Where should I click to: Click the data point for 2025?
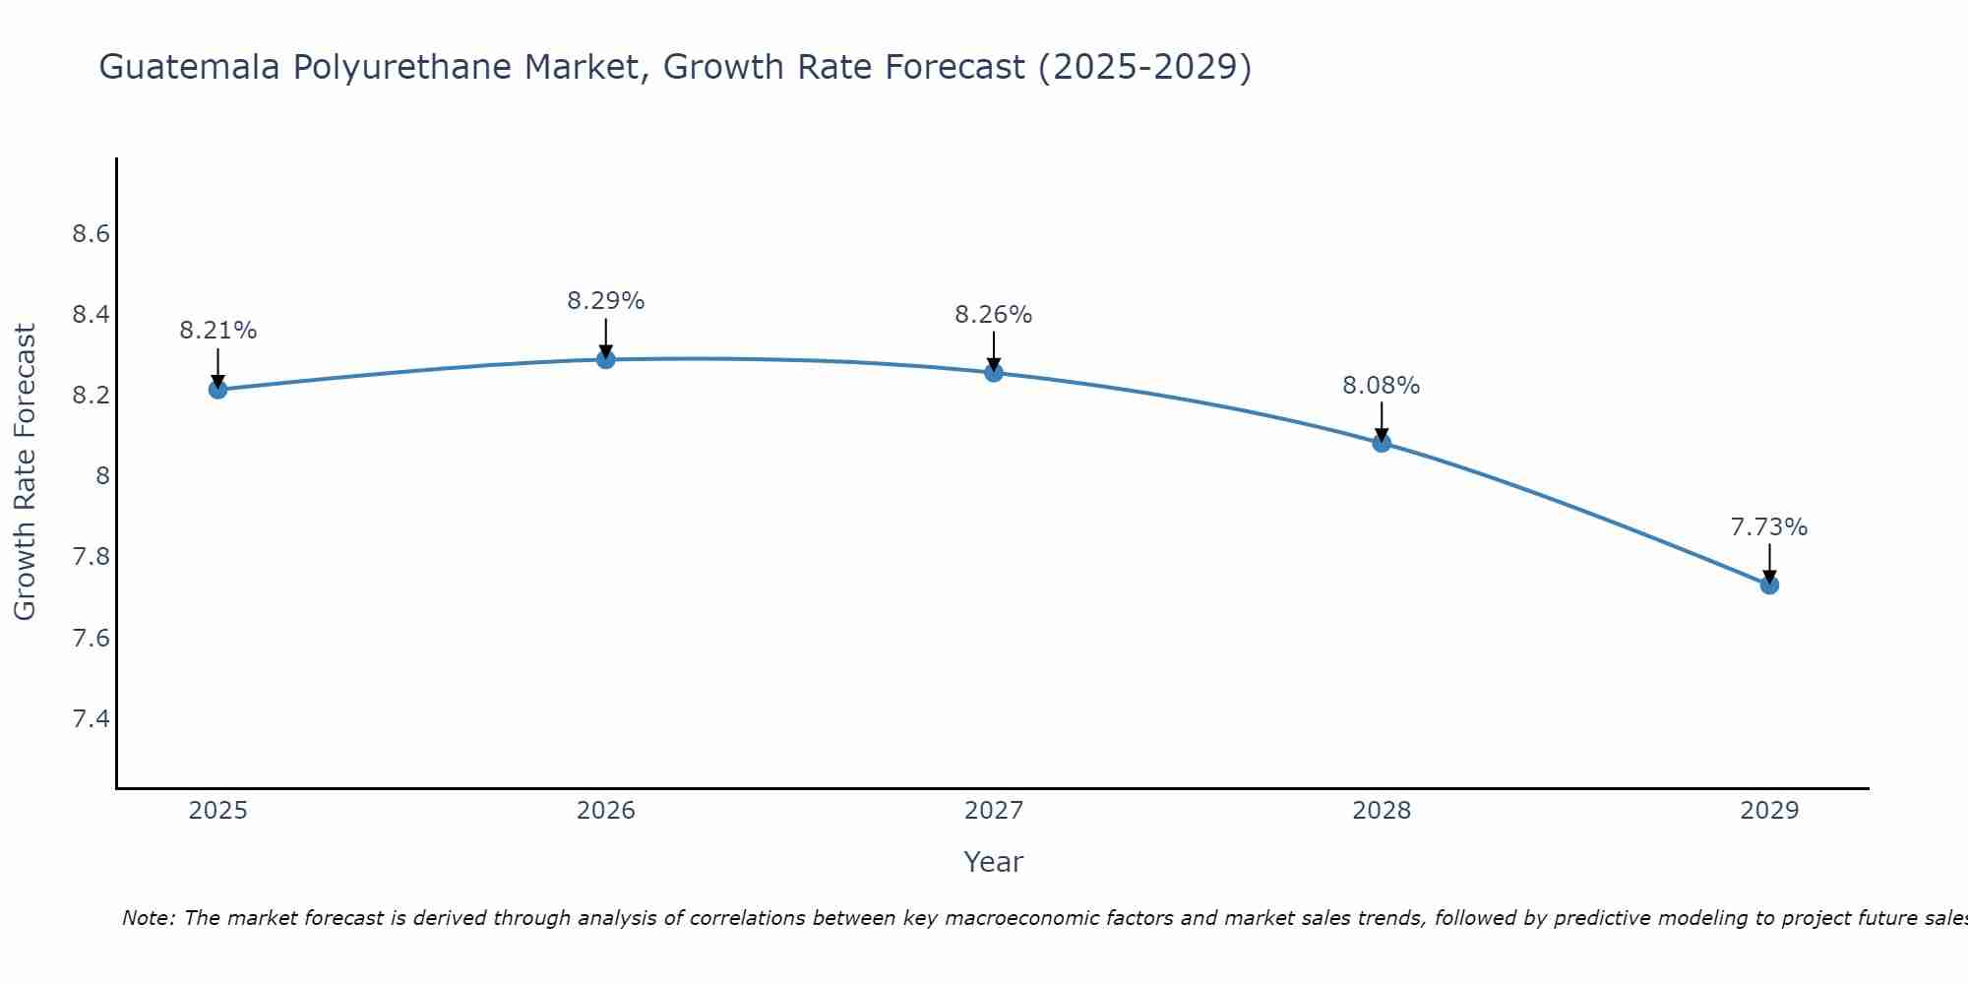coord(218,390)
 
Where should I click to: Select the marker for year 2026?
coord(606,359)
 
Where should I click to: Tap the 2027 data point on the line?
coord(994,372)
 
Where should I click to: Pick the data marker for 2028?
coord(1382,443)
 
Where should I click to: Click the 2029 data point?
coord(1769,584)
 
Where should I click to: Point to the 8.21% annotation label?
coord(218,331)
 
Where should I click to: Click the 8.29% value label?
coord(606,301)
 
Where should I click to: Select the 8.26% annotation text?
coord(994,315)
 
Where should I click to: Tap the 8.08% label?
coord(1382,386)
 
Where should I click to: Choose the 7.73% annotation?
coord(1769,527)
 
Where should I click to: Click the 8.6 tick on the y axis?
coord(91,234)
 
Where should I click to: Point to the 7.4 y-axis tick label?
coord(91,719)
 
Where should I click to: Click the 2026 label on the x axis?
coord(606,811)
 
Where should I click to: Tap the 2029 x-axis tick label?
coord(1769,811)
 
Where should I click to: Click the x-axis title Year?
coord(994,862)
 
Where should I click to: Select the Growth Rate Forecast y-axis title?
coord(25,472)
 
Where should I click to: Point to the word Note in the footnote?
coord(147,918)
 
